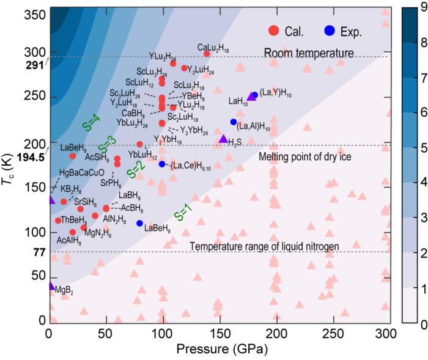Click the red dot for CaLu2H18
pos(207,54)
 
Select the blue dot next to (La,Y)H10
pos(254,95)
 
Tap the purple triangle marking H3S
pos(223,139)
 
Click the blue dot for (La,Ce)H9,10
pos(162,164)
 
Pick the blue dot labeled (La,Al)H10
pos(234,122)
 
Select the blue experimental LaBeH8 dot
pos(140,223)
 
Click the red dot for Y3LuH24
pos(184,68)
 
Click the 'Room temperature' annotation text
pos(309,53)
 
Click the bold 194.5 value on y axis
pos(29,158)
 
